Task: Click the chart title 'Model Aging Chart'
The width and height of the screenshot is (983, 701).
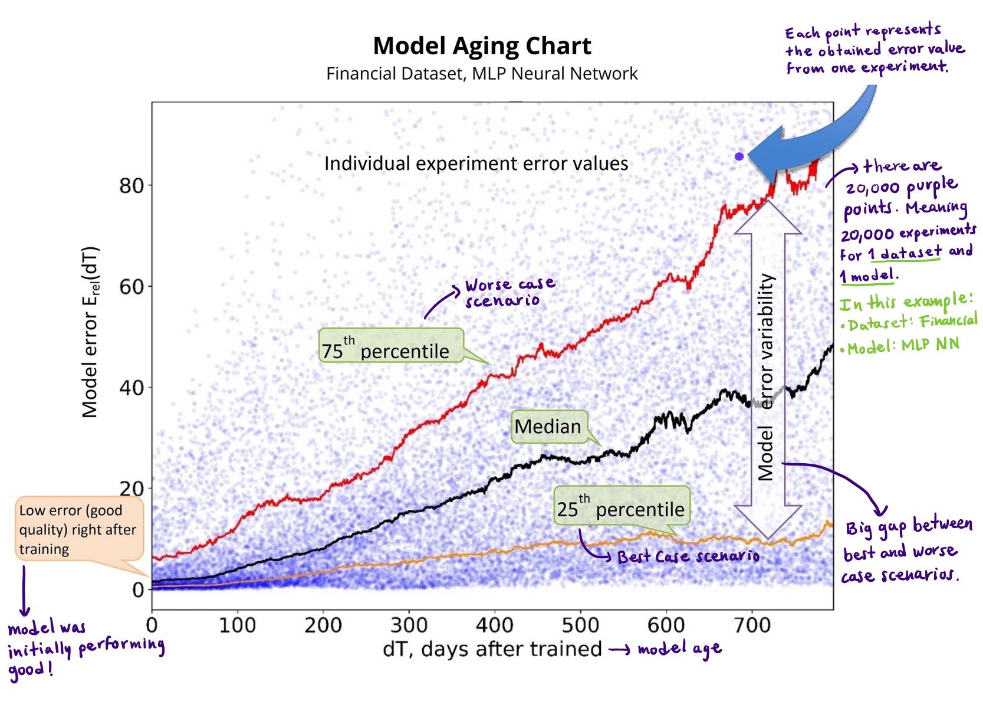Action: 482,46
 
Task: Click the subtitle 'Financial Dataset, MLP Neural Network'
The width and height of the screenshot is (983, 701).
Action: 482,74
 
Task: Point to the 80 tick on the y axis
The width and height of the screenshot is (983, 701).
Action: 131,185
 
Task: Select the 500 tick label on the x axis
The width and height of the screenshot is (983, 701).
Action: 580,625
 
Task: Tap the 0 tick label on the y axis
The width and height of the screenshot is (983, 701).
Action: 138,589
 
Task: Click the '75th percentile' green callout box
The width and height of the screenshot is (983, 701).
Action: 390,346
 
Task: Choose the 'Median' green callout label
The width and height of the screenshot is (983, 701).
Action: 548,427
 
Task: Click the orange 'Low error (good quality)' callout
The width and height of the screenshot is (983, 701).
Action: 79,529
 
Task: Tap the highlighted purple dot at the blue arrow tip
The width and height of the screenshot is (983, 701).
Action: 739,156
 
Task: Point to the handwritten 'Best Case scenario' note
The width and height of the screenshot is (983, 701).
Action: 688,556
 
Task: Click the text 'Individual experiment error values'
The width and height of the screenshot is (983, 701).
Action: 476,163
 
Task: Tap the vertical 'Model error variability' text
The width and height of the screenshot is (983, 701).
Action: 765,378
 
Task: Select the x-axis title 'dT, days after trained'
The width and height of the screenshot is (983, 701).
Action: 492,648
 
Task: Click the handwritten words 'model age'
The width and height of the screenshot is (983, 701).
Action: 679,649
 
